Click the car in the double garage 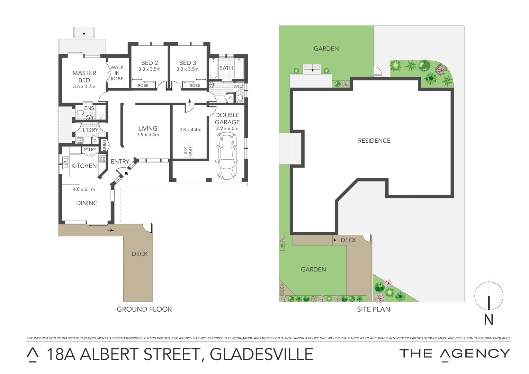pyautogui.click(x=226, y=157)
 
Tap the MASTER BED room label pyautogui.click(x=84, y=76)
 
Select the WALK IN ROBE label pyautogui.click(x=117, y=73)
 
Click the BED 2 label pyautogui.click(x=150, y=63)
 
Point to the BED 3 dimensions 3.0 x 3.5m pyautogui.click(x=188, y=69)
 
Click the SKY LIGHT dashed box pyautogui.click(x=188, y=150)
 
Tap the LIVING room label pyautogui.click(x=148, y=128)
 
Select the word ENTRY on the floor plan pyautogui.click(x=120, y=161)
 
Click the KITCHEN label pyautogui.click(x=84, y=166)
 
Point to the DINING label pyautogui.click(x=87, y=203)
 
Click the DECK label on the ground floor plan pyautogui.click(x=140, y=254)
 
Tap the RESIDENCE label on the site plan pyautogui.click(x=374, y=141)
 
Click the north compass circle pyautogui.click(x=488, y=296)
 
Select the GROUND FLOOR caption pyautogui.click(x=144, y=309)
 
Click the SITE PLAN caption pyautogui.click(x=374, y=309)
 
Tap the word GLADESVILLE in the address pyautogui.click(x=261, y=354)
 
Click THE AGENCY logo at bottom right pyautogui.click(x=455, y=354)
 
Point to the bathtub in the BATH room pyautogui.click(x=213, y=69)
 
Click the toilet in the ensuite pyautogui.click(x=80, y=113)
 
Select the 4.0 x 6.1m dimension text pyautogui.click(x=84, y=189)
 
